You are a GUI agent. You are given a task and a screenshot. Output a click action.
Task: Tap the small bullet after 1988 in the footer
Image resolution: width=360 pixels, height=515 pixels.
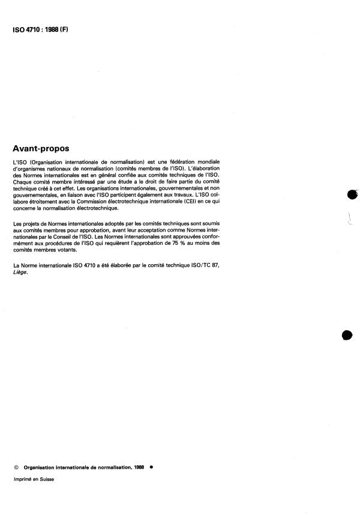[151, 466]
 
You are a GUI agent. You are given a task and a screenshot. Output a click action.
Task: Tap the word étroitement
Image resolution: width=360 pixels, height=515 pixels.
[41, 202]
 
